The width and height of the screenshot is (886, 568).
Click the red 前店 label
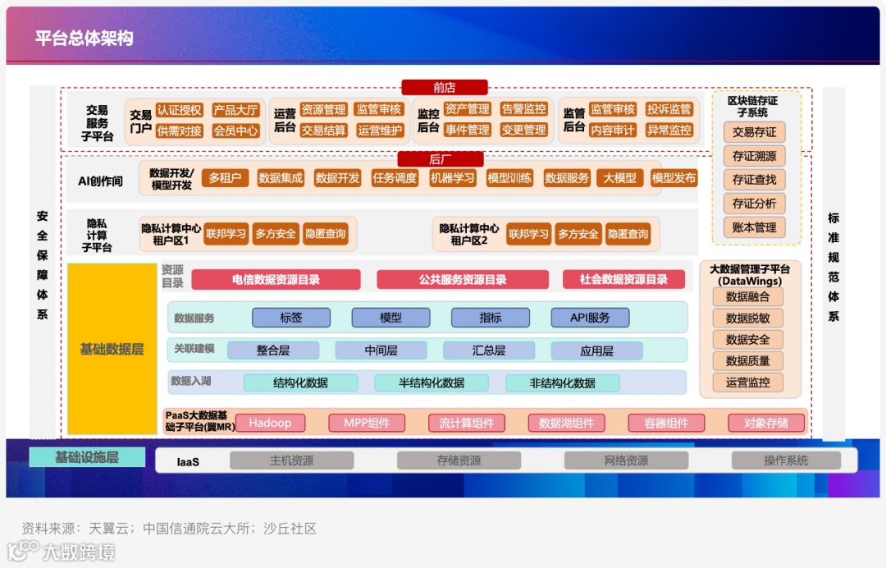click(445, 87)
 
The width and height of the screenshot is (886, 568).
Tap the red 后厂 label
click(441, 159)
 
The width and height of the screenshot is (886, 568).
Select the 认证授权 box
click(179, 110)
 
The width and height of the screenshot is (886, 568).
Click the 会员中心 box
click(235, 131)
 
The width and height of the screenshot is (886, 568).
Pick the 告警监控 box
click(523, 109)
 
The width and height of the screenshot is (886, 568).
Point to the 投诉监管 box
click(669, 109)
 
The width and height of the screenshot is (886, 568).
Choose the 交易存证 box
click(754, 132)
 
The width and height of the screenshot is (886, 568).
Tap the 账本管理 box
click(754, 227)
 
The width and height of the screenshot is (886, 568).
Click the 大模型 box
click(619, 177)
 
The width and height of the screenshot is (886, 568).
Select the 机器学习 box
click(453, 177)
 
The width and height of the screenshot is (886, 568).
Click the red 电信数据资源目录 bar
click(276, 280)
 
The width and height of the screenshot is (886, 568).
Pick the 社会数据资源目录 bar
click(623, 280)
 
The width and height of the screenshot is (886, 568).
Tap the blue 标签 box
click(291, 318)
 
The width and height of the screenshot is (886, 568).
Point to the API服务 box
click(590, 318)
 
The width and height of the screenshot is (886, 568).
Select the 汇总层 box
click(489, 350)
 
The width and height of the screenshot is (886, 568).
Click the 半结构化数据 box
click(432, 382)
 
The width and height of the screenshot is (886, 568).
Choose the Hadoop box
click(270, 423)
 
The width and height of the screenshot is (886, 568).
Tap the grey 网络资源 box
click(626, 460)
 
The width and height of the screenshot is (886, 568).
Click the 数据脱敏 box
click(747, 318)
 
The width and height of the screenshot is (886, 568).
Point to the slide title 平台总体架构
click(84, 39)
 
